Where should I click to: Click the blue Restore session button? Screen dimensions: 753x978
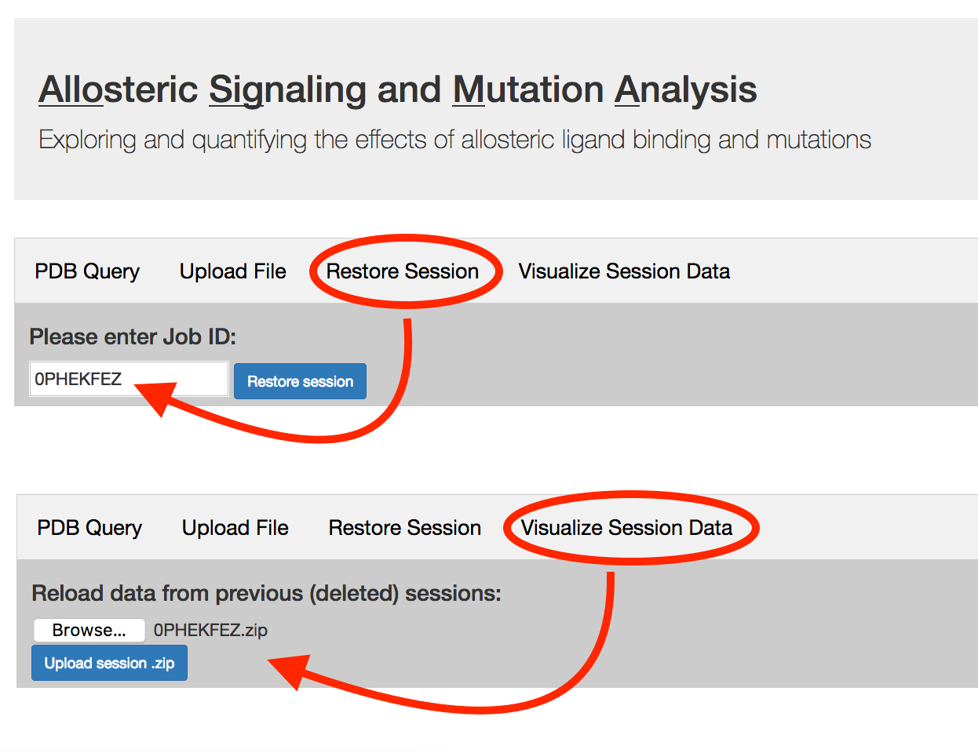point(300,381)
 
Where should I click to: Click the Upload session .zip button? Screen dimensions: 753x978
point(109,663)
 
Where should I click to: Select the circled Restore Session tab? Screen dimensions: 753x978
point(402,271)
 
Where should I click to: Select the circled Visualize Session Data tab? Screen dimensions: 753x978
point(626,528)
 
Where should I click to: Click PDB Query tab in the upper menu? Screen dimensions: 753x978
point(87,271)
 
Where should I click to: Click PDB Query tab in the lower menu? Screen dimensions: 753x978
point(89,528)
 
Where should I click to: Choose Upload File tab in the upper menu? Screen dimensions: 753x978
point(232,271)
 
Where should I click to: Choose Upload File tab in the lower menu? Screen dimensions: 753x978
point(235,528)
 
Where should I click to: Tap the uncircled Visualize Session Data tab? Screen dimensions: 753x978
point(624,271)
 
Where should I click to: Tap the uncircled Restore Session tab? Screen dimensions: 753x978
point(404,528)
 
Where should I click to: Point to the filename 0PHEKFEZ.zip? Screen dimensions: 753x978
point(210,631)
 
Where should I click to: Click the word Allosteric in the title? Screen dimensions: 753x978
point(118,89)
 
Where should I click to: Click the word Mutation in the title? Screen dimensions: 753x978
point(527,89)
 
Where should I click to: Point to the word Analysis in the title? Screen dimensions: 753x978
point(685,89)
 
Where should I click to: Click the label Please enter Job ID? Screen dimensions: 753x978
point(133,337)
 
